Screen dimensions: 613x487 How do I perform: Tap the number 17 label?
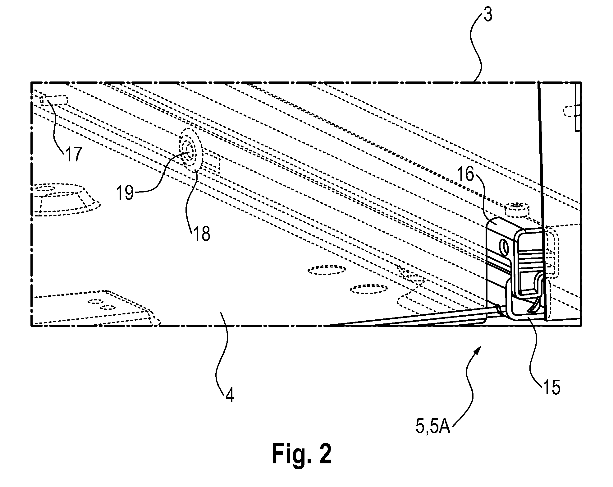point(73,155)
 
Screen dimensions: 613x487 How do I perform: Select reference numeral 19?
point(126,193)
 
